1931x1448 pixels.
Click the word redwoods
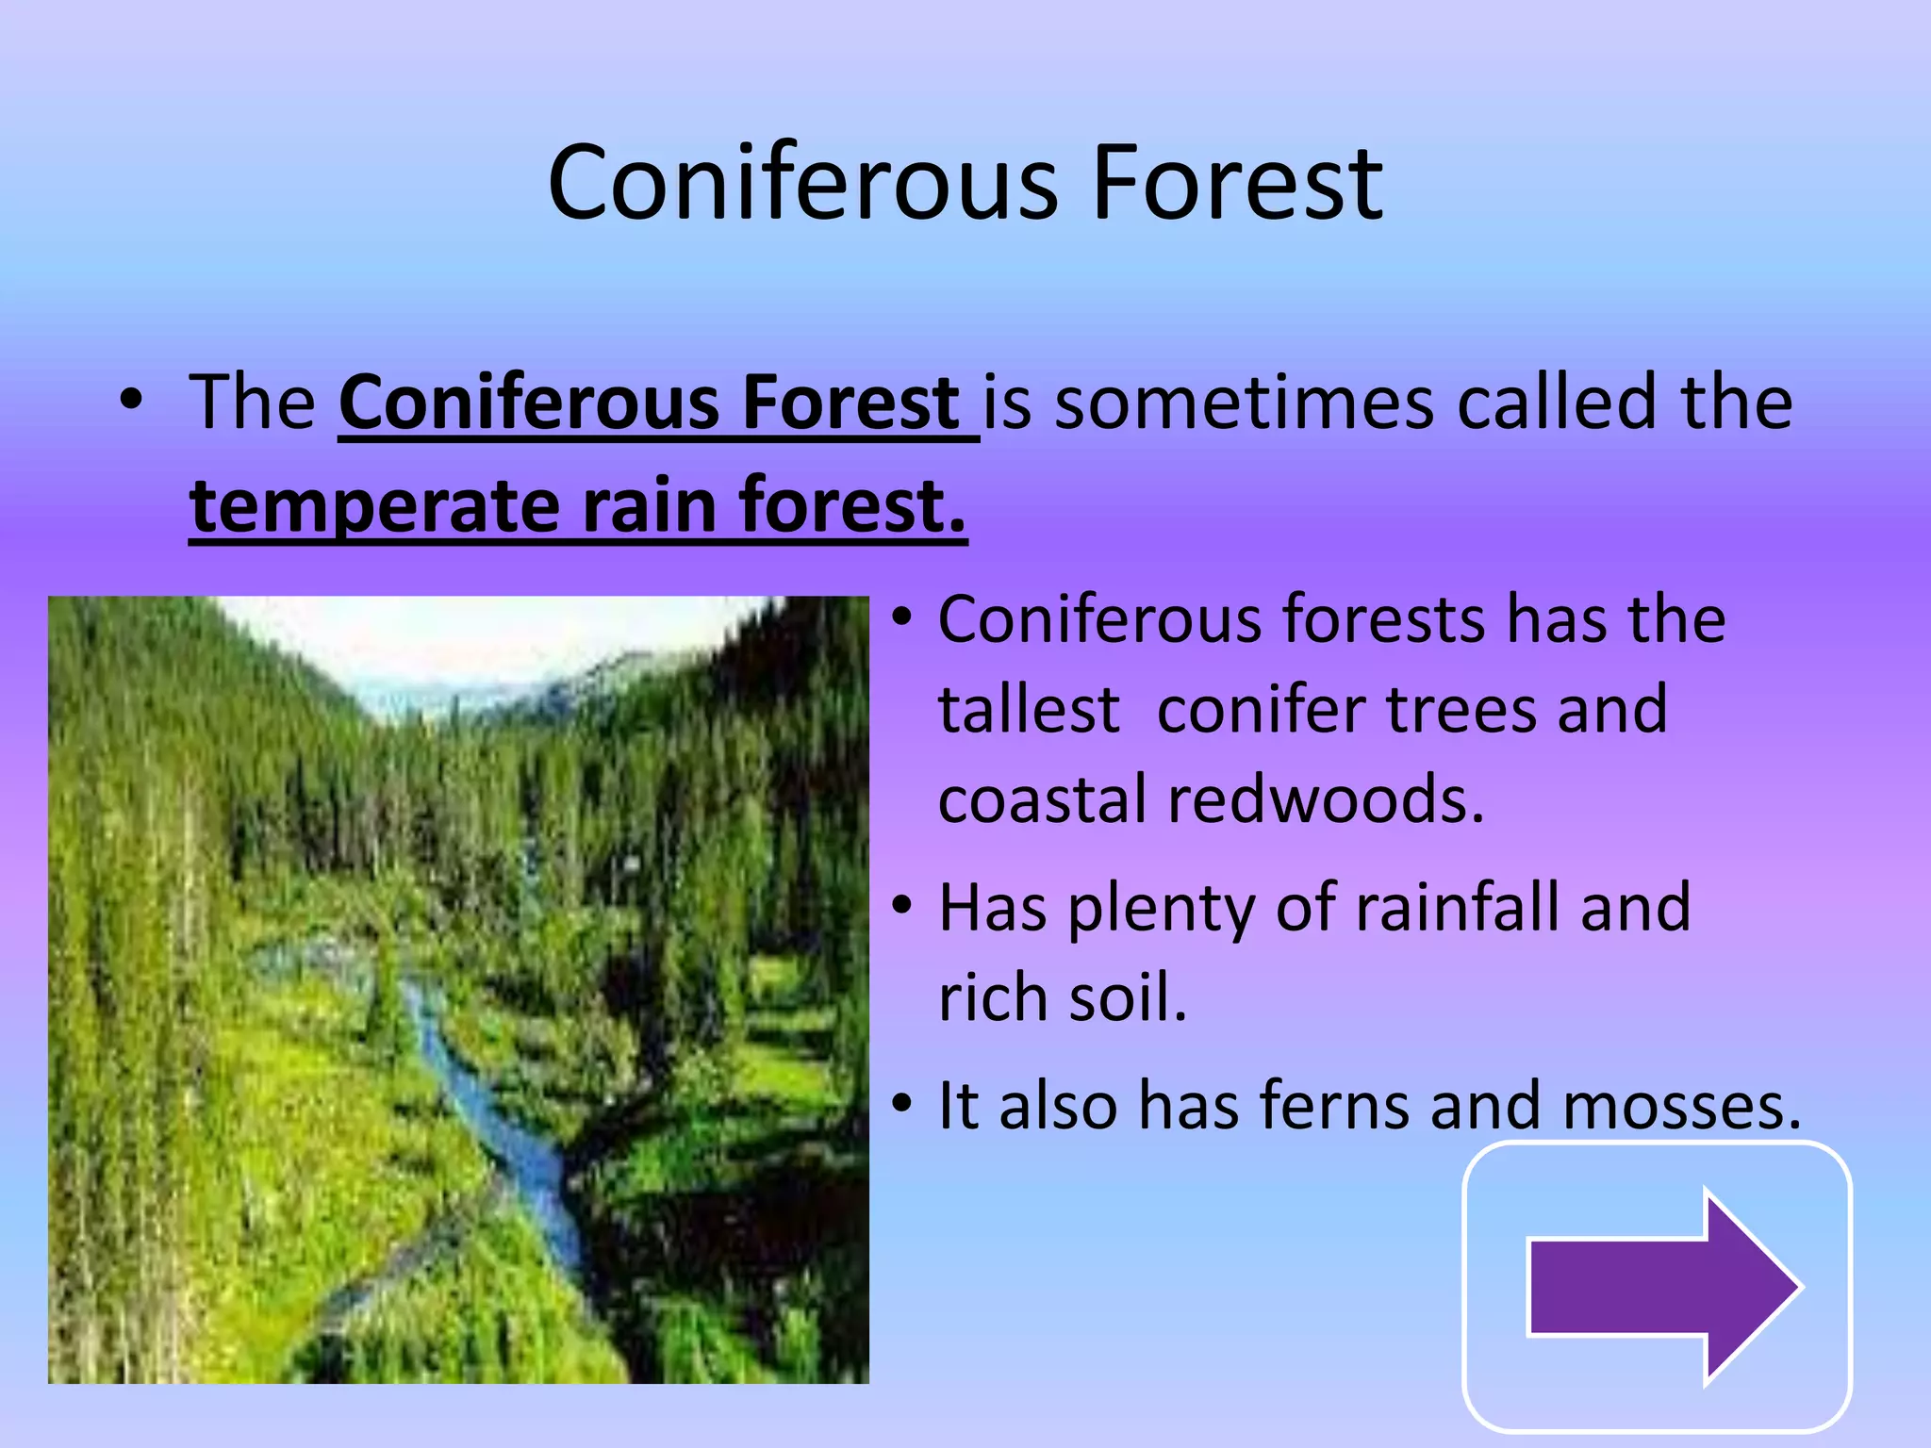point(1326,799)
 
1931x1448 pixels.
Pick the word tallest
point(1029,710)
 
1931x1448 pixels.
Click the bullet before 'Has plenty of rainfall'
point(902,905)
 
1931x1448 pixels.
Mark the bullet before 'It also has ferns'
point(902,1102)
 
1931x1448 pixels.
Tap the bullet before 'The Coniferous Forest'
point(131,401)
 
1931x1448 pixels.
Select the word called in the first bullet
point(1557,403)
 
